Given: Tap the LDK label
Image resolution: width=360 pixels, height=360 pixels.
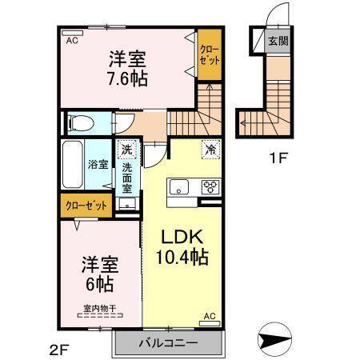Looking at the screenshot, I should tap(182, 238).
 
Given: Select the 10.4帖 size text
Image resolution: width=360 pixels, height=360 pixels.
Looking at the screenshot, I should tap(182, 258).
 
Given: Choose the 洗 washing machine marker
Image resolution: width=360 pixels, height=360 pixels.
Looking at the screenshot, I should tap(126, 150).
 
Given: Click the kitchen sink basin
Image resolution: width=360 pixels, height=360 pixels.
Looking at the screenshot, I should tap(177, 188).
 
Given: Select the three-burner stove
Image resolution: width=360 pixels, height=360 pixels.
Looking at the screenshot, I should tap(210, 188).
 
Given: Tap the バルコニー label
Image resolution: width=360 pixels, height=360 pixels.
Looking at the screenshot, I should tap(167, 344).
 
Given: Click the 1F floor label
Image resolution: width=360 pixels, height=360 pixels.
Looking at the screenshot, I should tap(277, 158).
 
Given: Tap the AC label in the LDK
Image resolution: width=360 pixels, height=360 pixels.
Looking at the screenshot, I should tap(210, 318).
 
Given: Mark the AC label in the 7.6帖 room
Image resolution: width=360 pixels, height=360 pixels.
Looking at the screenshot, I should tap(71, 40).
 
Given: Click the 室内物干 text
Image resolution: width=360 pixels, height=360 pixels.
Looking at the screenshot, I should tap(97, 307).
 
